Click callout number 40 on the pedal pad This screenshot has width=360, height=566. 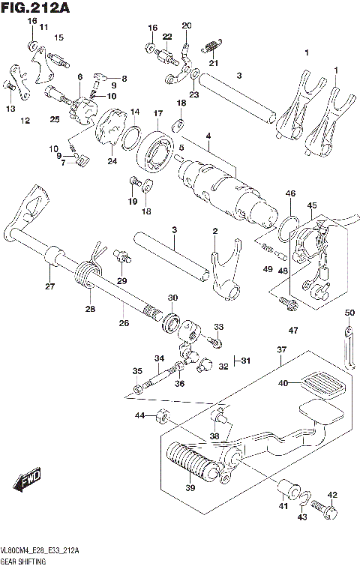[283, 383]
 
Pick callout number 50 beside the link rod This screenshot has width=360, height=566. [349, 312]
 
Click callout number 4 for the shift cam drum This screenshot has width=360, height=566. [208, 135]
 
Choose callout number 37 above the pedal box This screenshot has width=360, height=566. [281, 350]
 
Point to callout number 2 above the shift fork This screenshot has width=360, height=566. [214, 231]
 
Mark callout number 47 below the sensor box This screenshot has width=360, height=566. [292, 330]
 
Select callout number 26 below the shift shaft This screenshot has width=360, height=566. [124, 322]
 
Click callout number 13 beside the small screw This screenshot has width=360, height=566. [10, 109]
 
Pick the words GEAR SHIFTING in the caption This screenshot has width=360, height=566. [23, 560]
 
